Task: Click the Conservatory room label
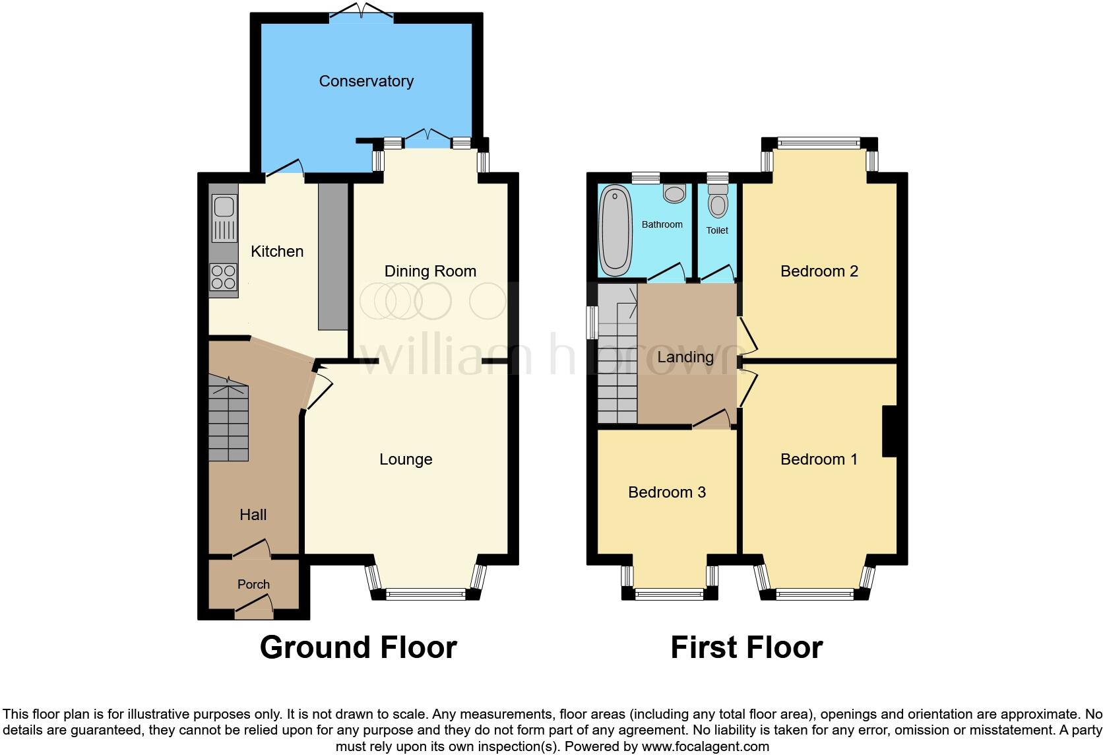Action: [366, 81]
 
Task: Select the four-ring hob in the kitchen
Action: [223, 277]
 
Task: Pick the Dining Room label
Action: [430, 271]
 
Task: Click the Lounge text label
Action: [406, 459]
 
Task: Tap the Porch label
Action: [253, 585]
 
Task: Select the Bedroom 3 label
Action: [666, 492]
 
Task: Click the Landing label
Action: [685, 357]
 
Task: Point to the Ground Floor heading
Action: [358, 647]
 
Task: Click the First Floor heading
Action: [746, 647]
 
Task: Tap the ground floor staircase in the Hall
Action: [228, 422]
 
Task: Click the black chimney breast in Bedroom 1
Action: [890, 431]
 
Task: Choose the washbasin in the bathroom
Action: [674, 193]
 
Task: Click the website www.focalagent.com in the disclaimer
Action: [705, 747]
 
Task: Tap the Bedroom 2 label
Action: [819, 271]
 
